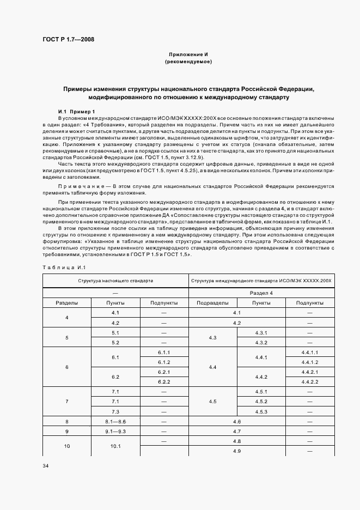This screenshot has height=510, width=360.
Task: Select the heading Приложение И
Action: click(x=188, y=54)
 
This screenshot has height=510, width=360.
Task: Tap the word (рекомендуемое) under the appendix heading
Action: click(x=188, y=62)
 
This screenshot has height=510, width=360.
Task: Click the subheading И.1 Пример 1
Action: click(x=76, y=111)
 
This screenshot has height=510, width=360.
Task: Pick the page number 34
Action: click(x=46, y=466)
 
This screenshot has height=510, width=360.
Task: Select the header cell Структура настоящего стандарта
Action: click(x=115, y=280)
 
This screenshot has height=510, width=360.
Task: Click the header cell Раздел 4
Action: click(x=261, y=293)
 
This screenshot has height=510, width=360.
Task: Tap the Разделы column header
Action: click(x=67, y=302)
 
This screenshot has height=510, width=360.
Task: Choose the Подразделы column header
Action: click(x=212, y=302)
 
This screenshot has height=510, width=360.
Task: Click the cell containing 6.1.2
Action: click(x=164, y=362)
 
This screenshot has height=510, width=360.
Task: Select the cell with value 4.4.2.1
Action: click(x=309, y=372)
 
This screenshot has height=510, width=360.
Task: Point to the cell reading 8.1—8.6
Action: click(x=115, y=421)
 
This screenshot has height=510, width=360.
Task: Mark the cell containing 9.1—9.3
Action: click(x=115, y=431)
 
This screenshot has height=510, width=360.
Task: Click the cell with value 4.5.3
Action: click(x=261, y=411)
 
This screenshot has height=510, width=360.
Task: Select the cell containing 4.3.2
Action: click(x=261, y=342)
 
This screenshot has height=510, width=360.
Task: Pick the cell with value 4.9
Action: click(x=237, y=451)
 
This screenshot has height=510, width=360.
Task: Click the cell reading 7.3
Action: click(x=115, y=411)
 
